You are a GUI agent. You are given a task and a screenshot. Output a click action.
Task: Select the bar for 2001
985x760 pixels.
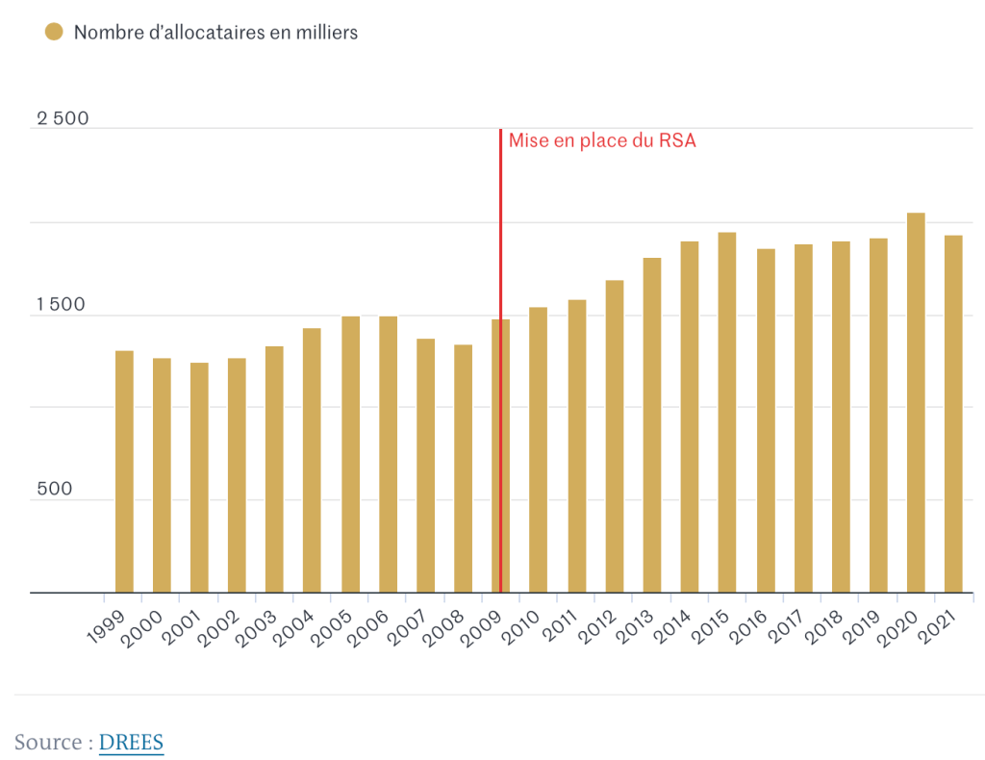(199, 477)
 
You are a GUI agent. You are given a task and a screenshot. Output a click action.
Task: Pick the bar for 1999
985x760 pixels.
(124, 471)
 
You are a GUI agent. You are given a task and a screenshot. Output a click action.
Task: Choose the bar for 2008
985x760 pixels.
(464, 469)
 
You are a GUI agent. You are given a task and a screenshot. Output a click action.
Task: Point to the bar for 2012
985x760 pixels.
(615, 436)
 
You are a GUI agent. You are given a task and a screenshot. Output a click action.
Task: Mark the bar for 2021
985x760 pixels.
(953, 414)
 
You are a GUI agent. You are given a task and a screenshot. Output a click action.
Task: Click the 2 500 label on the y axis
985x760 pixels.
(63, 118)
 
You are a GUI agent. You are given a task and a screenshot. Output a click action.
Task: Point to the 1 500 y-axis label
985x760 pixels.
(63, 304)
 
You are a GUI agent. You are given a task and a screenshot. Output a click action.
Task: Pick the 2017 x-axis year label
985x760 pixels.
(785, 630)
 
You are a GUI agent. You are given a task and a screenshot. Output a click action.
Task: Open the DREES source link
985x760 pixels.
(131, 743)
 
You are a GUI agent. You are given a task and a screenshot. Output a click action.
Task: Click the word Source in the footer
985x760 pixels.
(48, 743)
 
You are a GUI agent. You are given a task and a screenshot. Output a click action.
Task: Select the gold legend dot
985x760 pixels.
(54, 32)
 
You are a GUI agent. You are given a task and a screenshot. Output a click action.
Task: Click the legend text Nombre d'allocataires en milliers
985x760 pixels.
(215, 32)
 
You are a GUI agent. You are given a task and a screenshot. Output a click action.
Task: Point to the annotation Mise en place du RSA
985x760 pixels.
(602, 140)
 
